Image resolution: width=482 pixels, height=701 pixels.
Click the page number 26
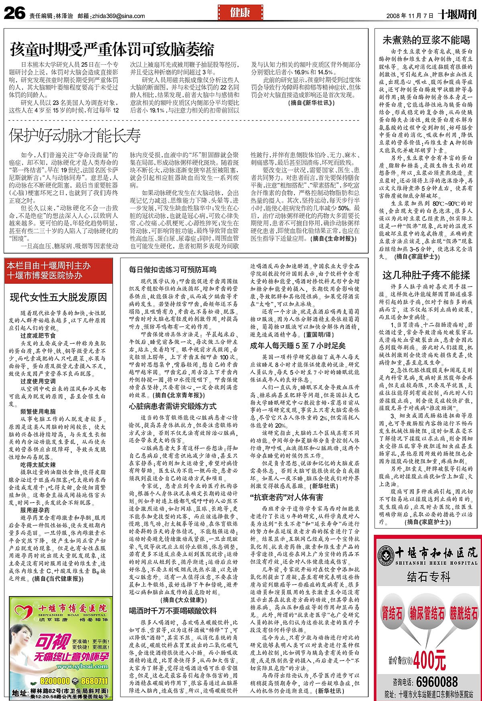[x=14, y=14]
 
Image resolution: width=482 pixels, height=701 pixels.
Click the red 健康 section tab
[x=240, y=12]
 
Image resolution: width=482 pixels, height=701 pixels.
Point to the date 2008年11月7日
[x=410, y=16]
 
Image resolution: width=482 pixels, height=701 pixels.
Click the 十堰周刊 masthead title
[x=457, y=14]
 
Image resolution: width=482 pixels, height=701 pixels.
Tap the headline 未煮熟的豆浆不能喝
[x=426, y=40]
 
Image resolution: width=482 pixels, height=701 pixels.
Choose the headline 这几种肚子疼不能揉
[x=426, y=275]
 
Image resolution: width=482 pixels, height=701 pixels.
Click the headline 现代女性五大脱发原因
[x=59, y=297]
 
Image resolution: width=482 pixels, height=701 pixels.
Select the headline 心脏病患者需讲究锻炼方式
[x=172, y=406]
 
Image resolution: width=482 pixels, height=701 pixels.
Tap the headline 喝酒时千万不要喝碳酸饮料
[x=172, y=611]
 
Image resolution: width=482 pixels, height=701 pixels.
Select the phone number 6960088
[x=437, y=682]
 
